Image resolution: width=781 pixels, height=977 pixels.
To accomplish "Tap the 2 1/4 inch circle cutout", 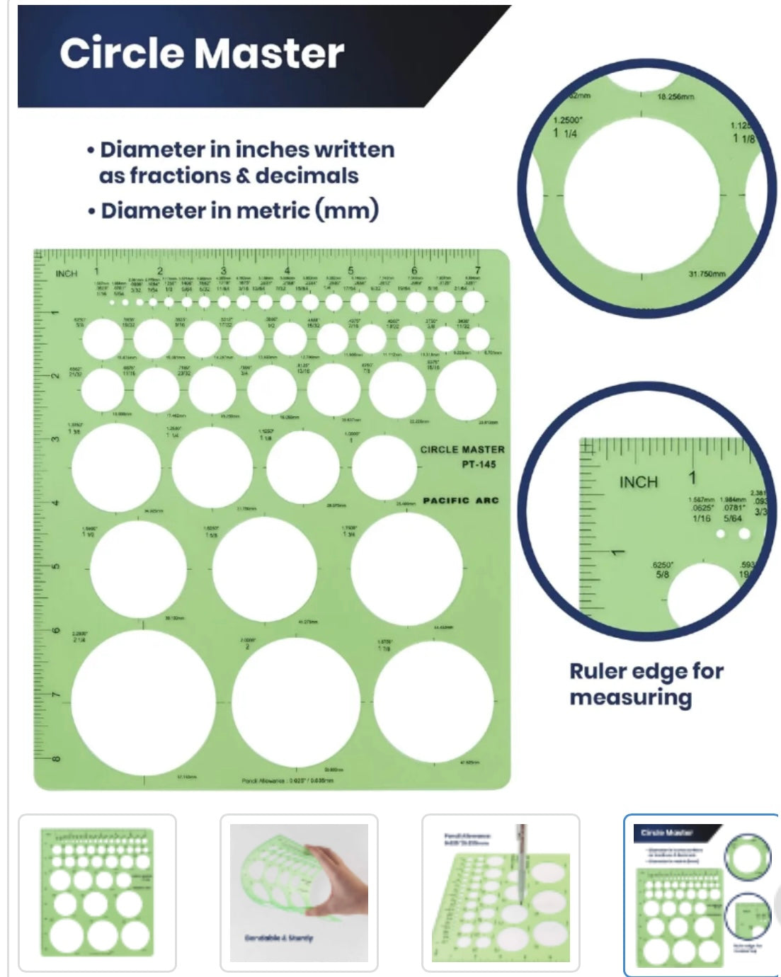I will pyautogui.click(x=143, y=702).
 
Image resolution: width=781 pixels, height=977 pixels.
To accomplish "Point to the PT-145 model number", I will pyautogui.click(x=479, y=465).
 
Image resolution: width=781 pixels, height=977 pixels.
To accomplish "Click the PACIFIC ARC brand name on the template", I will pyautogui.click(x=461, y=501).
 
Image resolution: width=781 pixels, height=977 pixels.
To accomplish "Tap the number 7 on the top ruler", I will pyautogui.click(x=478, y=270).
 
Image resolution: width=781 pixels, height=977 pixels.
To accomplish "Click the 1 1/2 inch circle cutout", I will pyautogui.click(x=138, y=570).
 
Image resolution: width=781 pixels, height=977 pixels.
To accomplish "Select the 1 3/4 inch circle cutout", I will pyautogui.click(x=406, y=569).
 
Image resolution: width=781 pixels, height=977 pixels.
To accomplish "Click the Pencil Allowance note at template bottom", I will pyautogui.click(x=287, y=781).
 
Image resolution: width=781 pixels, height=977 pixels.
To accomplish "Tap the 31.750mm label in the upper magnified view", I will pyautogui.click(x=706, y=273).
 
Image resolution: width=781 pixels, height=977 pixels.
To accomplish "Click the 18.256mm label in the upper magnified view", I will pyautogui.click(x=675, y=96).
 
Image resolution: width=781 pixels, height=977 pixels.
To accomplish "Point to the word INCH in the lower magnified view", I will pyautogui.click(x=638, y=482).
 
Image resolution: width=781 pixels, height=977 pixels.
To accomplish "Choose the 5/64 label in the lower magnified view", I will pyautogui.click(x=733, y=518).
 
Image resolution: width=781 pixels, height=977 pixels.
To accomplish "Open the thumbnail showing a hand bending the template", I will pyautogui.click(x=299, y=892).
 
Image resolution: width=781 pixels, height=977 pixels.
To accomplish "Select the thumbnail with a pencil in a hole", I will pyautogui.click(x=501, y=892).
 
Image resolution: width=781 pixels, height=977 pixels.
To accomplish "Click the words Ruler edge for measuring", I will pyautogui.click(x=646, y=684).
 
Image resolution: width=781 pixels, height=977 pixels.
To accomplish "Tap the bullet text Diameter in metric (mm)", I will pyautogui.click(x=239, y=211).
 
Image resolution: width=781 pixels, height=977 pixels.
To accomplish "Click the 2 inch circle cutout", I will pyautogui.click(x=296, y=702).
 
